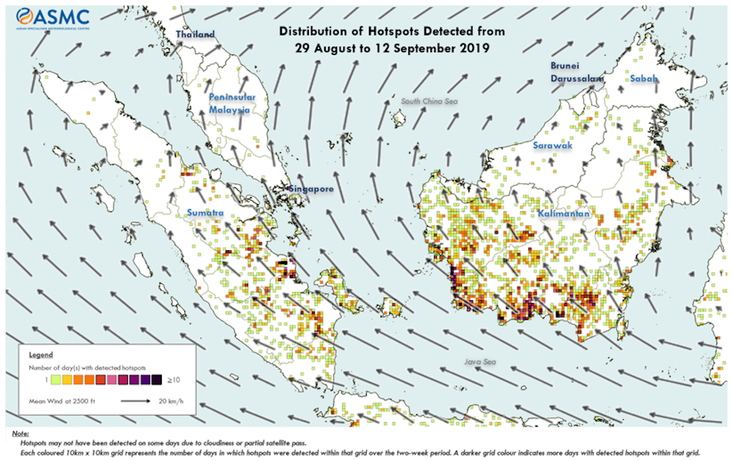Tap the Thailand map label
pos(195,34)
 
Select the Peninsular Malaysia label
pos(231,103)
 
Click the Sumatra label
pos(204,212)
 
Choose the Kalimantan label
pos(564,214)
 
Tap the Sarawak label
pos(552,146)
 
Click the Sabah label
pos(645,78)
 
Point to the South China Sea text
pos(429,101)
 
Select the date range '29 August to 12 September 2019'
pos(391,48)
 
